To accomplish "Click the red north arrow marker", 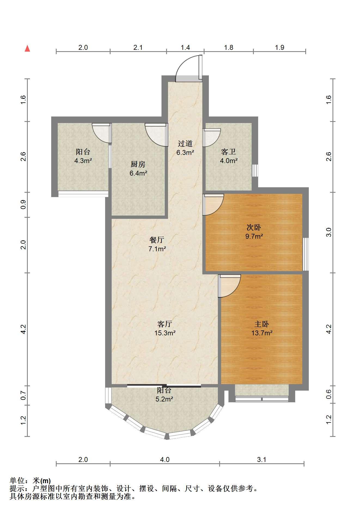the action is pyautogui.click(x=27, y=48).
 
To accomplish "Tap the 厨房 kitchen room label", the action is pyautogui.click(x=138, y=164).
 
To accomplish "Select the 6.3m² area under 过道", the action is pyautogui.click(x=185, y=152).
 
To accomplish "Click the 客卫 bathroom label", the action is pyautogui.click(x=228, y=152).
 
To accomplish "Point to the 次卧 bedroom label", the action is pyautogui.click(x=254, y=227).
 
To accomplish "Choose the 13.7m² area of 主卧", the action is pyautogui.click(x=262, y=333).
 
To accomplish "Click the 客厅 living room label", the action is pyautogui.click(x=165, y=324).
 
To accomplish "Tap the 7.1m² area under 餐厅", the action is pyautogui.click(x=157, y=249).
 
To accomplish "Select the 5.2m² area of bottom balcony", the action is pyautogui.click(x=164, y=399).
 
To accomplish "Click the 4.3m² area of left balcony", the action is pyautogui.click(x=83, y=161).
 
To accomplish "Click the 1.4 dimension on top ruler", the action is pyautogui.click(x=185, y=47).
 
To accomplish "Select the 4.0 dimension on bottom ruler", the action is pyautogui.click(x=165, y=460).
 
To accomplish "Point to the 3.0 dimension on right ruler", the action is pyautogui.click(x=329, y=232).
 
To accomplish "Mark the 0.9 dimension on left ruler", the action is pyautogui.click(x=23, y=204).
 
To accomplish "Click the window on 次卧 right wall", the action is pyautogui.click(x=306, y=254).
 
